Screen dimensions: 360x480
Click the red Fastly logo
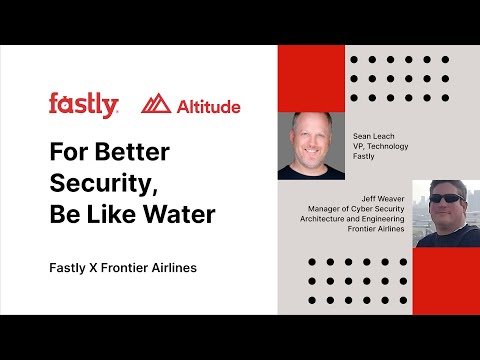coord(83,104)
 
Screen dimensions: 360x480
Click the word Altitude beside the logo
coord(207,105)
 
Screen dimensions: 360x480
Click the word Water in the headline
coord(181,216)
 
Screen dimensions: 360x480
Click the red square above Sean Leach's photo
coord(311,78)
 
